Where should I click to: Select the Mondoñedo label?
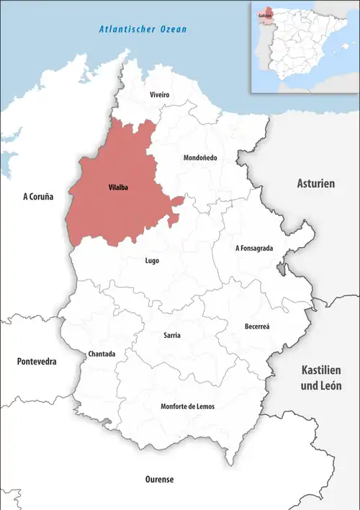[x=200, y=158]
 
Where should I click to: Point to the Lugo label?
[x=152, y=261]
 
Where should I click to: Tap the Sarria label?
[x=172, y=336]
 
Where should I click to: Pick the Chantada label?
[x=101, y=354]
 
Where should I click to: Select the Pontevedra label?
[x=37, y=361]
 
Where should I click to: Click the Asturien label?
[x=316, y=184]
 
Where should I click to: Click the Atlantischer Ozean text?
[x=143, y=30]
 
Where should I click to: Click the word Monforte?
[x=176, y=407]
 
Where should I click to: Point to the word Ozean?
[x=173, y=30]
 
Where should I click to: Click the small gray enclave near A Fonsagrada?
[x=279, y=269]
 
